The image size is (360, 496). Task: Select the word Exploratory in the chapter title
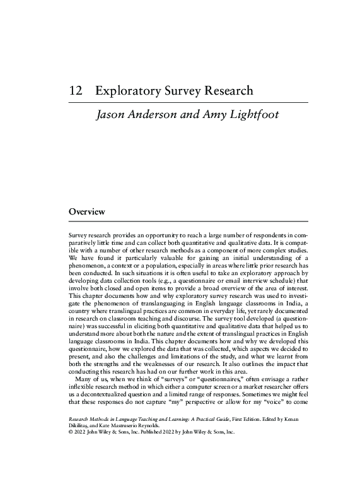pyautogui.click(x=129, y=91)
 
